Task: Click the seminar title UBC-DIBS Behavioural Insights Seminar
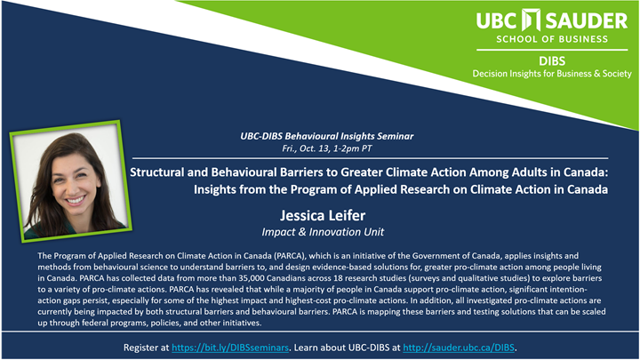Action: pos(320,137)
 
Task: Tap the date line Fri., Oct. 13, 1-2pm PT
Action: pos(320,148)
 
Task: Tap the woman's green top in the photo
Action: pos(53,233)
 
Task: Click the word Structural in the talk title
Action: pos(164,172)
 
